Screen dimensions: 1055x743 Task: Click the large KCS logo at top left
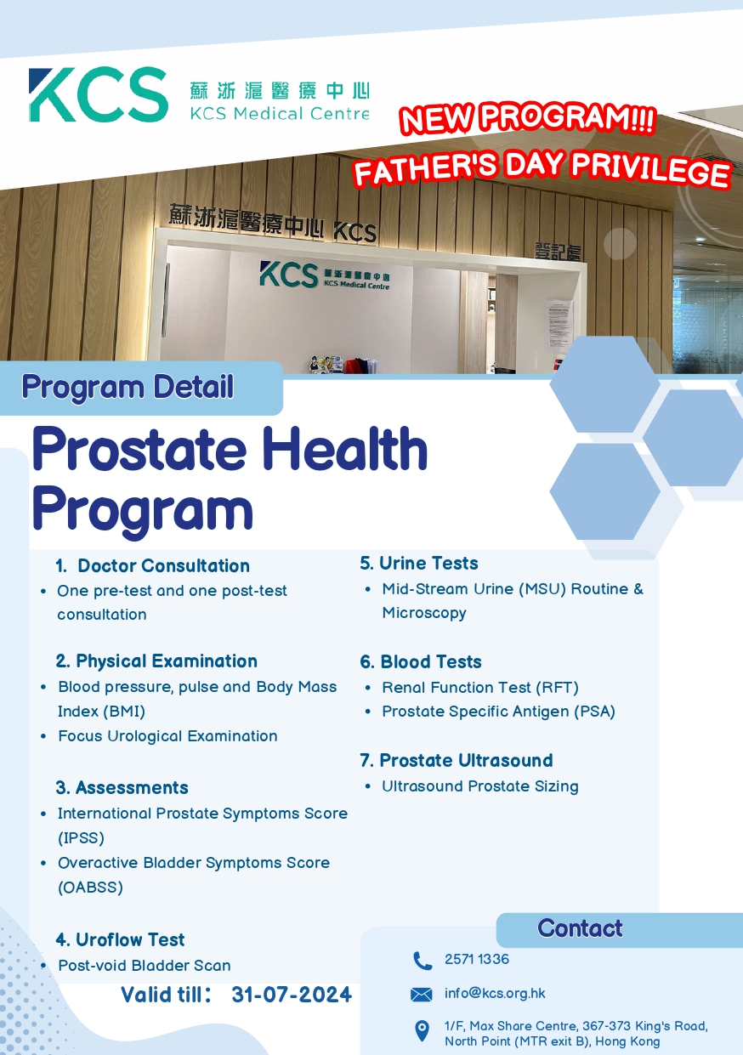click(x=98, y=94)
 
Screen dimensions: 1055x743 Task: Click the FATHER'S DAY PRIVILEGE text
click(x=542, y=167)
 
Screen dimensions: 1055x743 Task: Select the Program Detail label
click(x=128, y=388)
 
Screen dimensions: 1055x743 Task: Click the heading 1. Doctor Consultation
click(x=153, y=566)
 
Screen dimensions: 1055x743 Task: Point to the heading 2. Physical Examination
click(x=156, y=661)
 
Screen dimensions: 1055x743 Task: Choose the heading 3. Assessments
click(x=122, y=788)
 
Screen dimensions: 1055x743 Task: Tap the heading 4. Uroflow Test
click(x=120, y=940)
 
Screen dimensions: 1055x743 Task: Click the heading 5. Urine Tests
click(x=419, y=564)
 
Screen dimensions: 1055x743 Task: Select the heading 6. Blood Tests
click(x=421, y=662)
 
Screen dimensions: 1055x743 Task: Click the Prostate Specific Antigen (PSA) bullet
click(x=498, y=712)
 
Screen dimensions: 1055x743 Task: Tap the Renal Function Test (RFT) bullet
click(x=479, y=688)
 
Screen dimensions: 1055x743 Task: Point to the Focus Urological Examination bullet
click(x=167, y=736)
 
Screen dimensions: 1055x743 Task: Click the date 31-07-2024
click(x=292, y=995)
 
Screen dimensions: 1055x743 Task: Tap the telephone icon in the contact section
click(x=423, y=961)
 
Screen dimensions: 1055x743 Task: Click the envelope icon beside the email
click(x=422, y=995)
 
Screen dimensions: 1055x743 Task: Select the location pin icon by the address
click(x=422, y=1032)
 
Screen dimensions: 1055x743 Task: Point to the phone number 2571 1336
click(x=477, y=960)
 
